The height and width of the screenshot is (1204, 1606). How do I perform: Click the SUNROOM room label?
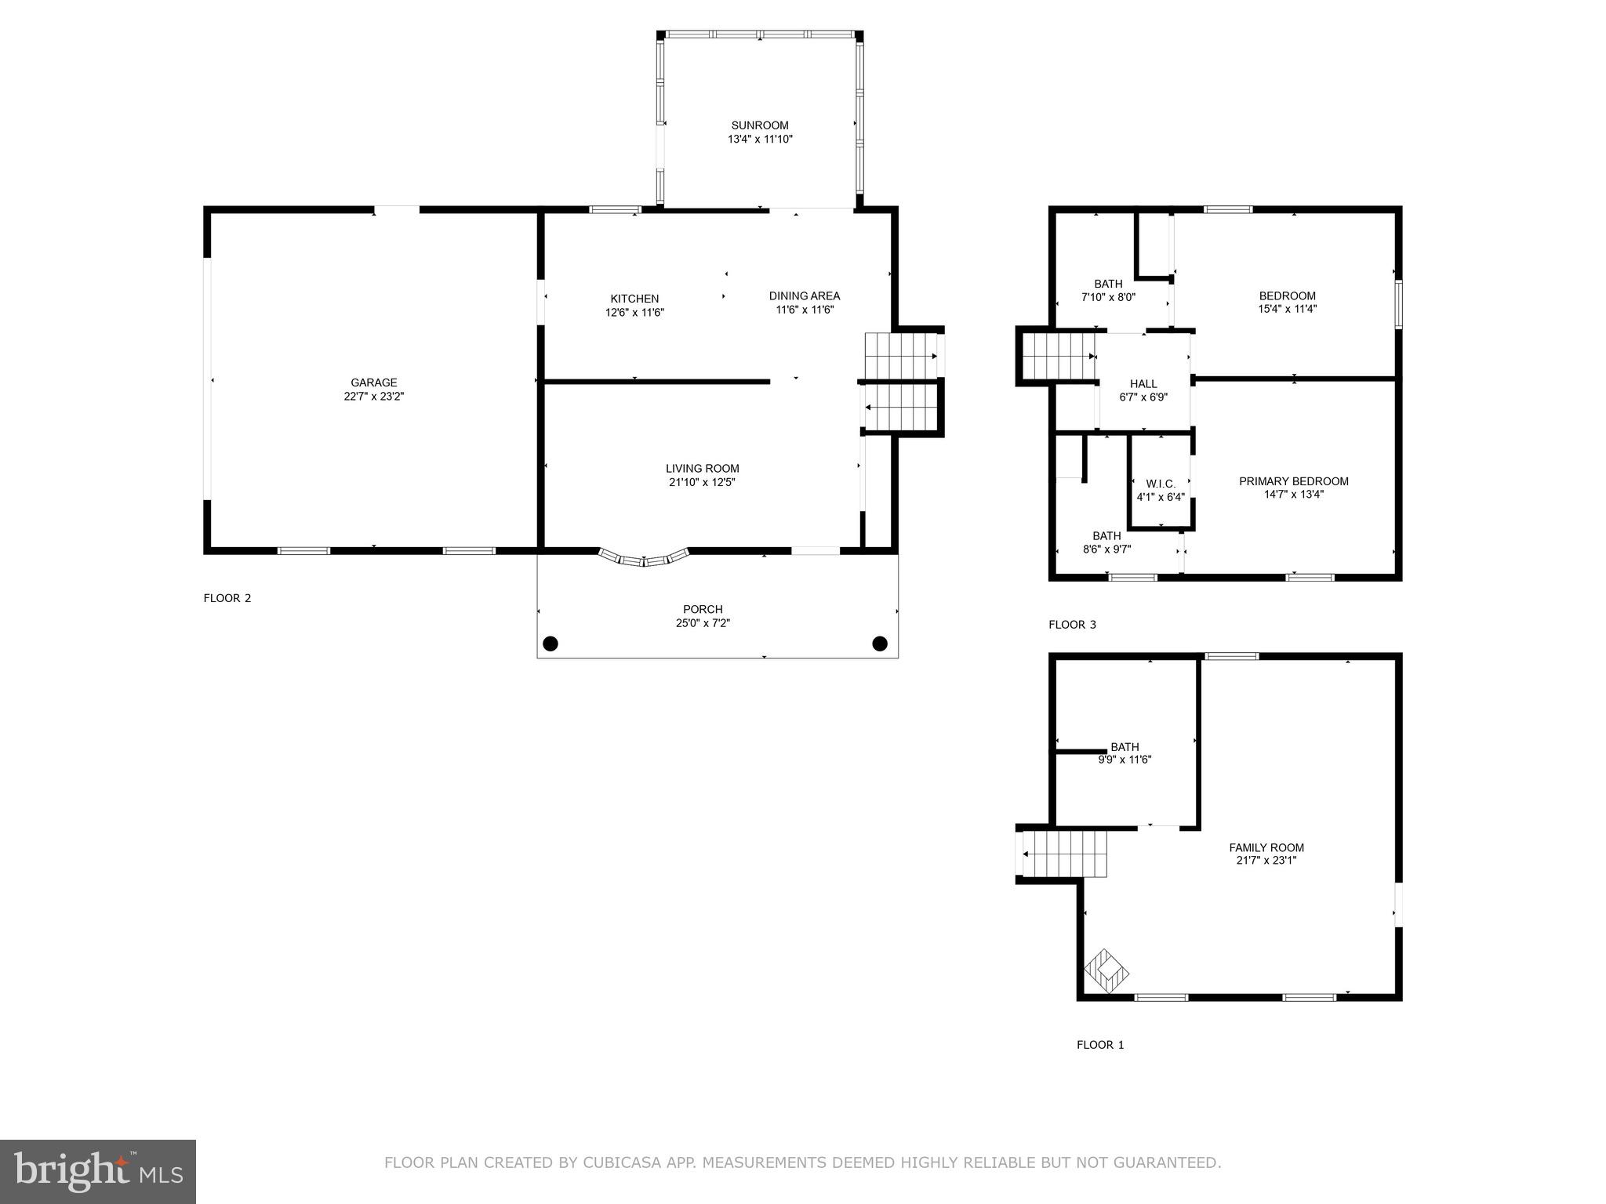pos(759,125)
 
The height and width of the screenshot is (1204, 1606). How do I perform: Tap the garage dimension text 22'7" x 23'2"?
pos(374,397)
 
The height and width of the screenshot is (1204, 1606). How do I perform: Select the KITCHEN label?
pos(634,299)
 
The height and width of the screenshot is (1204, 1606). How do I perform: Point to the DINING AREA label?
pos(804,296)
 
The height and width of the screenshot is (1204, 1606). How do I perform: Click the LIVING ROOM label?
pos(702,469)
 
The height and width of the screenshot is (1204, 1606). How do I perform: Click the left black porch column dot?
pos(550,644)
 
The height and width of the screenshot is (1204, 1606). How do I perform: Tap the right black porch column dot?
pos(880,644)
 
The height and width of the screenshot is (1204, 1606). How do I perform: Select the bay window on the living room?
pos(644,558)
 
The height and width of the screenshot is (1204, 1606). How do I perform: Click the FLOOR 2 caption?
pos(227,598)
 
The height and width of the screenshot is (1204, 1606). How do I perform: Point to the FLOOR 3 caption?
pos(1072,625)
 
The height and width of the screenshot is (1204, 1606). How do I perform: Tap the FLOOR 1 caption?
pos(1100,1045)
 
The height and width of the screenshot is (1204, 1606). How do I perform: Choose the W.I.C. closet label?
pos(1161,484)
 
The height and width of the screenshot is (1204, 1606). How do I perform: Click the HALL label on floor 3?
pos(1143,384)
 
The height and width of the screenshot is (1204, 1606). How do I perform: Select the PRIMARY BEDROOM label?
pos(1293,481)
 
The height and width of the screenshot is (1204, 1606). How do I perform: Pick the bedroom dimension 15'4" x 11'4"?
pos(1287,309)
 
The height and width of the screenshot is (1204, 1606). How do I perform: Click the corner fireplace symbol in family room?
pos(1106,973)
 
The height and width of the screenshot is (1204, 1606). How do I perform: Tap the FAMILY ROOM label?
pos(1266,847)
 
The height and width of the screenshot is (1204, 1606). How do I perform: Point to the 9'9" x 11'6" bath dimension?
pos(1125,760)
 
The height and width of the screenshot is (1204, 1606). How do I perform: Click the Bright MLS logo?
pos(97,1171)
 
